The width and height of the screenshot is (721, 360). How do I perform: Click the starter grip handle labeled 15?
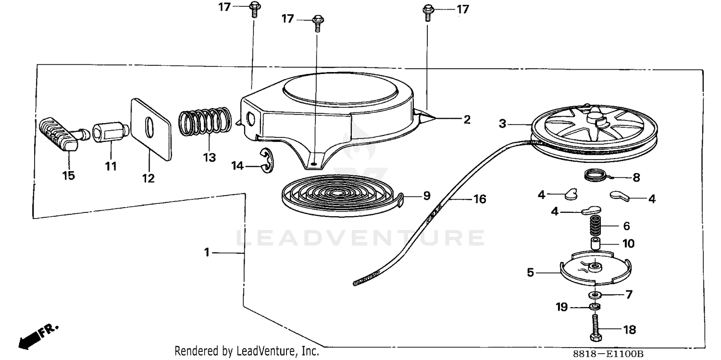61,135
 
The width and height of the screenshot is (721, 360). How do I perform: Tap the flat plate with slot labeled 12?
151,129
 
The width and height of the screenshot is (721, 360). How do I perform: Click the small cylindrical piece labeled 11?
111,132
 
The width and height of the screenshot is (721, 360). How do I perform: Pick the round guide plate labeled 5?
596,268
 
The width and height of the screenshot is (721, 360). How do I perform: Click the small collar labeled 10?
596,243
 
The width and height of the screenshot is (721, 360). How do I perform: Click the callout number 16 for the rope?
480,199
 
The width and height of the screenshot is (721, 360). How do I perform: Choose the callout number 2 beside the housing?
467,119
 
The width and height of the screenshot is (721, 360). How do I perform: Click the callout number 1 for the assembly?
207,252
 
